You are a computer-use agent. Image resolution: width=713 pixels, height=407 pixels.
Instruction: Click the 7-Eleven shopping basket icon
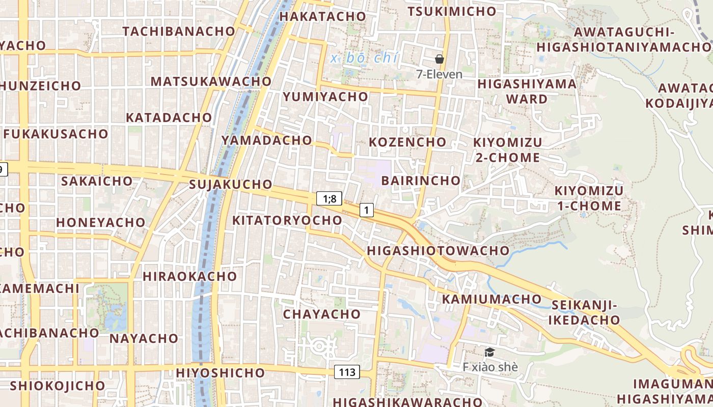440,60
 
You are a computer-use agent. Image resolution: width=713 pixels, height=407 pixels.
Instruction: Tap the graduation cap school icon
489,352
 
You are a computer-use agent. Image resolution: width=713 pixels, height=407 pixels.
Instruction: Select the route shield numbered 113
347,372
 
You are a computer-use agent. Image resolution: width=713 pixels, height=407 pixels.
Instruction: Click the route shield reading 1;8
329,198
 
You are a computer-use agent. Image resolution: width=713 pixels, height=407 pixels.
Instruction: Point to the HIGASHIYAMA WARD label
527,91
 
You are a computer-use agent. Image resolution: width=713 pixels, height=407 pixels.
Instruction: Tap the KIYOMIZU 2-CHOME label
507,150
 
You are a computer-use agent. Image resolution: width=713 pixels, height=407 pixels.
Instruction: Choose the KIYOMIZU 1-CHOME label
588,198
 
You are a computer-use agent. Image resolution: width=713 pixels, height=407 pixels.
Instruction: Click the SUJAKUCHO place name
231,184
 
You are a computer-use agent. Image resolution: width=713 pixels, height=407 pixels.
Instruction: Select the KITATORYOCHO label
287,220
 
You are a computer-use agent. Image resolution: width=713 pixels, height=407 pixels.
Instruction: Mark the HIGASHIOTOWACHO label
438,250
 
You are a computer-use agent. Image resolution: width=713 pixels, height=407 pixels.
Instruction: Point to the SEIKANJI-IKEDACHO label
586,312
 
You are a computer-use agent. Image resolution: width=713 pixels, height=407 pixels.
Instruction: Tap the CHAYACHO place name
322,314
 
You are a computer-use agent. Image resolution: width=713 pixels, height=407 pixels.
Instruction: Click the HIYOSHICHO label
221,373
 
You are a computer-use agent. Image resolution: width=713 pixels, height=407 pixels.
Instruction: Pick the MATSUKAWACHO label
211,81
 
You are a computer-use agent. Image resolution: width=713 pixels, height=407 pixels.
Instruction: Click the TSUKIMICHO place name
452,11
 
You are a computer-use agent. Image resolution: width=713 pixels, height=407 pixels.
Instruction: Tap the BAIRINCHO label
421,181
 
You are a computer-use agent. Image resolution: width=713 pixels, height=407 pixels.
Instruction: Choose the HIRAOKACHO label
190,276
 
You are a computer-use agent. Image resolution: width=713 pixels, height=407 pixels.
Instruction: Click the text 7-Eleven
440,74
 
